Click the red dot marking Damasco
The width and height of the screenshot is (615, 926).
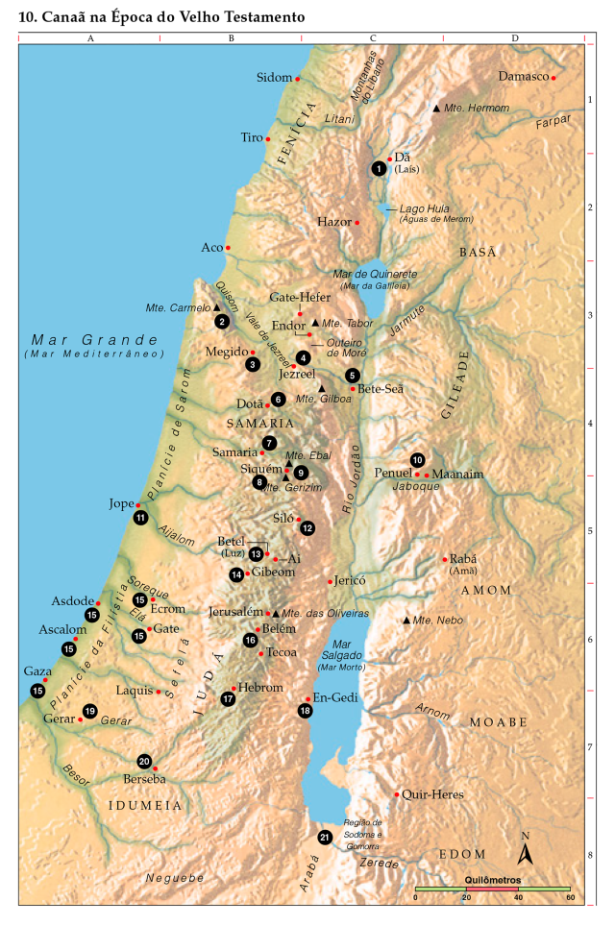click(x=553, y=77)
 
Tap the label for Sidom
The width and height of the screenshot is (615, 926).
click(x=274, y=77)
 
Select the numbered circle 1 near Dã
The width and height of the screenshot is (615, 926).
click(x=380, y=168)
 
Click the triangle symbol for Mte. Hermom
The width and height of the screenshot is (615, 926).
click(x=436, y=109)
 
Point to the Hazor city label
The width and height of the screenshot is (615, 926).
click(x=334, y=222)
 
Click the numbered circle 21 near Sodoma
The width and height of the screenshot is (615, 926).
click(x=326, y=837)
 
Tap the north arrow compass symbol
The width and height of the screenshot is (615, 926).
click(x=526, y=851)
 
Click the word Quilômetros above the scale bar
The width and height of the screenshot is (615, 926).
click(x=492, y=879)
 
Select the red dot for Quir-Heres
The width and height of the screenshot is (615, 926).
click(x=397, y=794)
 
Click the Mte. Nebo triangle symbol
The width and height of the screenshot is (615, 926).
click(x=406, y=621)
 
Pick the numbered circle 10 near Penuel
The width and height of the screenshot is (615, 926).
click(x=417, y=459)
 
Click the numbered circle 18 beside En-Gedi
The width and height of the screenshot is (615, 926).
click(x=306, y=711)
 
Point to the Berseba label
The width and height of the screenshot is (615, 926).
click(x=144, y=779)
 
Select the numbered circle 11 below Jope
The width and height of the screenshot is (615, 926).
click(x=141, y=518)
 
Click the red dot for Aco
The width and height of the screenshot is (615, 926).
click(x=228, y=248)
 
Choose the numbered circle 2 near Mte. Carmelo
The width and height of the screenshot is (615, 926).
click(x=222, y=322)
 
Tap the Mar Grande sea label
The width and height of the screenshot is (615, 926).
click(x=94, y=340)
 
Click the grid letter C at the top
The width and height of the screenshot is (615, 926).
click(x=372, y=38)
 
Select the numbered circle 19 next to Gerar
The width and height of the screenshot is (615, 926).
click(x=90, y=711)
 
